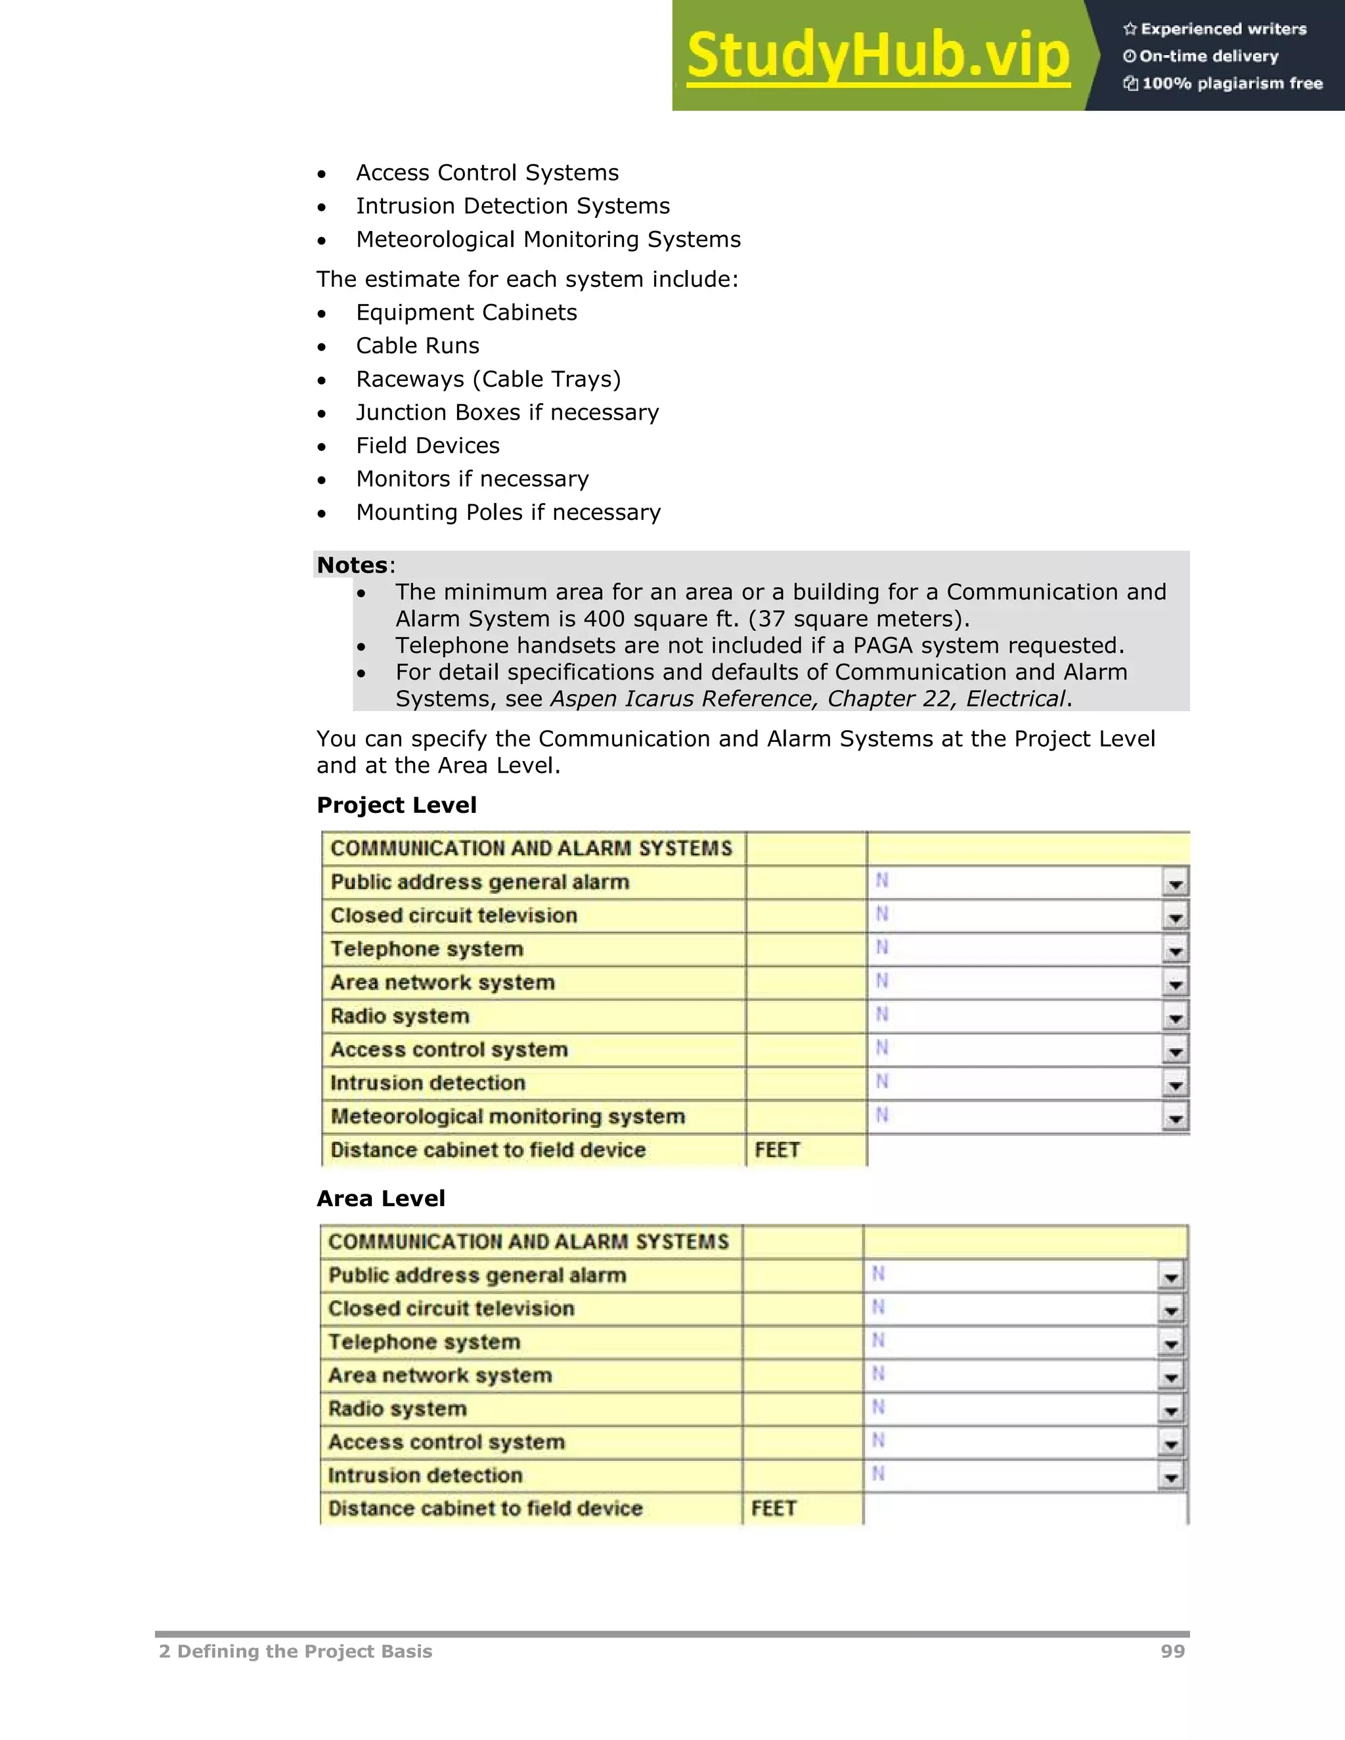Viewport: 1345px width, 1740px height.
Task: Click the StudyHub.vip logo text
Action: [x=878, y=56]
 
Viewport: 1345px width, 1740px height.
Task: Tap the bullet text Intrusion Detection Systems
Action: [x=512, y=206]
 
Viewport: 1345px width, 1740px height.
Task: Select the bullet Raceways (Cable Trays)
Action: [x=488, y=380]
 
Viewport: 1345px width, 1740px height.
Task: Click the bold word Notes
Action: [x=351, y=565]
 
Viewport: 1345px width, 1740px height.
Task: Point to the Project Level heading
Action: [x=396, y=806]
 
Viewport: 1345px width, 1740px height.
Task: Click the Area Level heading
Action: [x=380, y=1198]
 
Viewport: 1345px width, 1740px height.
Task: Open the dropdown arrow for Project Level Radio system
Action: [x=1174, y=1017]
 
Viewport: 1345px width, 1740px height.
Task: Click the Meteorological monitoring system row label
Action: [x=508, y=1116]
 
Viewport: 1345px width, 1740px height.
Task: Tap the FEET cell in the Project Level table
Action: [x=777, y=1150]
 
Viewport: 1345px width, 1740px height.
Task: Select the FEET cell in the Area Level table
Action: [x=773, y=1508]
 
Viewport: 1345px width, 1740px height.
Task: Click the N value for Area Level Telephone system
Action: [x=878, y=1341]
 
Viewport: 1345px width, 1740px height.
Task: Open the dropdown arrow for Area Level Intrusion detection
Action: [x=1170, y=1476]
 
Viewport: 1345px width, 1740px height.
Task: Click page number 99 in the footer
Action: [x=1172, y=1651]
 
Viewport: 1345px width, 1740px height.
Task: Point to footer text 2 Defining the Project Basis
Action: [x=296, y=1651]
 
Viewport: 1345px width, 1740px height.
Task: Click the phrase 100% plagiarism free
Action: [x=1232, y=83]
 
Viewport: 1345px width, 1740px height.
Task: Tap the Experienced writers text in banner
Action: [x=1223, y=30]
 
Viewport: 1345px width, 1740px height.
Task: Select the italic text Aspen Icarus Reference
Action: [x=684, y=699]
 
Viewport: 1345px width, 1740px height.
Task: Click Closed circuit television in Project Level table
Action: [x=453, y=915]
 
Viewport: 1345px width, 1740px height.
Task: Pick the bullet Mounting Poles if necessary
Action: [x=508, y=512]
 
